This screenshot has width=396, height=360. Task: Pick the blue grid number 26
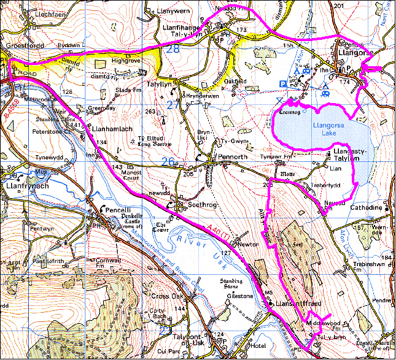(x=168, y=161)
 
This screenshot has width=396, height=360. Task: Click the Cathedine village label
(x=366, y=208)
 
